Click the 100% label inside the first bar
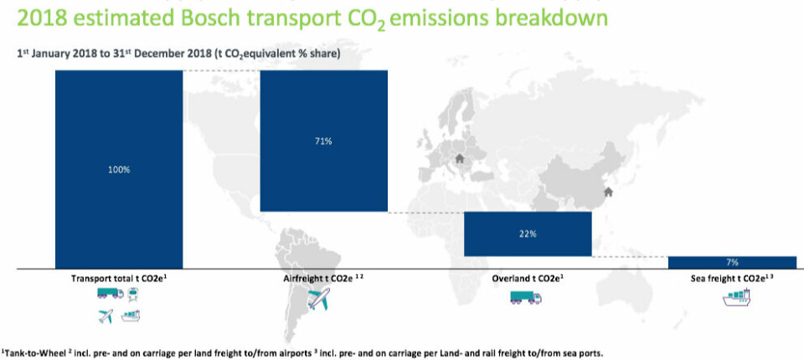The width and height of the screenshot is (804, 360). click(x=119, y=169)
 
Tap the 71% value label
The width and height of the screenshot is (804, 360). click(x=323, y=141)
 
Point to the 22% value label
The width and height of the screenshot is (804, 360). click(x=528, y=234)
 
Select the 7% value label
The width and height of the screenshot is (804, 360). click(x=732, y=262)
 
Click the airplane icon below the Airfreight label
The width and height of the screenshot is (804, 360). click(x=318, y=299)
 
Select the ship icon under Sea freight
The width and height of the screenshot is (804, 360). click(x=737, y=298)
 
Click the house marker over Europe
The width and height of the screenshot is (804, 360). click(x=459, y=158)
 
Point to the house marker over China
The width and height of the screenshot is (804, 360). click(x=608, y=193)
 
